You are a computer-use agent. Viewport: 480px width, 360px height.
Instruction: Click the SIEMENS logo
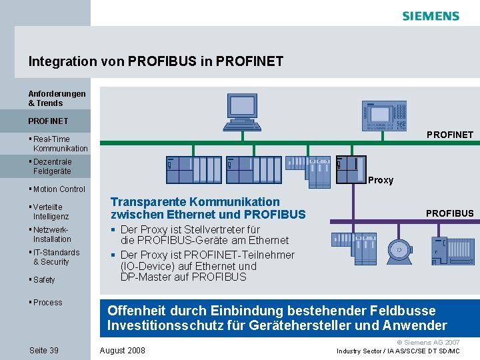click(x=431, y=16)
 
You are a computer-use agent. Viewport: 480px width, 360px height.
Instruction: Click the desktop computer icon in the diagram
click(x=241, y=109)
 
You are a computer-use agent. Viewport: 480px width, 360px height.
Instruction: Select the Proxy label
click(x=381, y=180)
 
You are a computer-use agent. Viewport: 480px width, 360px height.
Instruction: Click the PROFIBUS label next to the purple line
click(x=449, y=213)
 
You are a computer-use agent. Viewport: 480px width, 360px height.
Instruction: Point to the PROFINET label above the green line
click(x=450, y=135)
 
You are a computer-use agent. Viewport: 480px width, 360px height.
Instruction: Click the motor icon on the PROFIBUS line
click(x=399, y=249)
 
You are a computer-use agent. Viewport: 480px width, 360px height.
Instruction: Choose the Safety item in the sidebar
click(x=44, y=280)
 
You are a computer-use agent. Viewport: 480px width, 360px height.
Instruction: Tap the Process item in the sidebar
click(x=47, y=303)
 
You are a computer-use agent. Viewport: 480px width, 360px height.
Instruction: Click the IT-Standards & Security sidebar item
click(x=56, y=257)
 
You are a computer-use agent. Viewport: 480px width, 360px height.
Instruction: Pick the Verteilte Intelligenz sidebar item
click(x=51, y=212)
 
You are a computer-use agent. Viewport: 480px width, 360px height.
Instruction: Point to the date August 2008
click(x=122, y=350)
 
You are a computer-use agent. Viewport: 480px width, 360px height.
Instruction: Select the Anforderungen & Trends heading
click(x=57, y=98)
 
